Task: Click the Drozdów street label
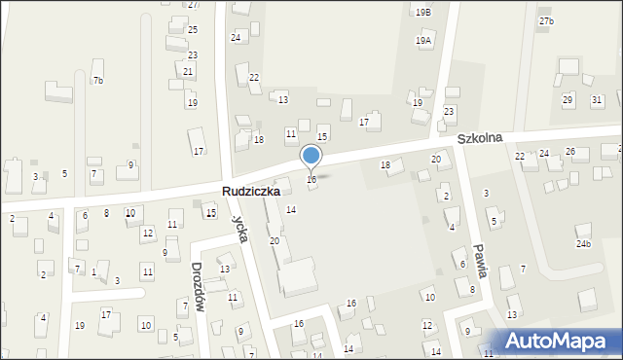198,286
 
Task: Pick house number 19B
423,12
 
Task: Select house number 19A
423,41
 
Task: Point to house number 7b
97,80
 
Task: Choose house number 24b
583,243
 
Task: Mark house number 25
193,31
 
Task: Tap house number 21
188,72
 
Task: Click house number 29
568,100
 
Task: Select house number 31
597,100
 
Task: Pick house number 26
570,152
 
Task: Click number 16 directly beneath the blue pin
311,180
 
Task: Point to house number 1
93,272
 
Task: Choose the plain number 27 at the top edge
193,5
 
